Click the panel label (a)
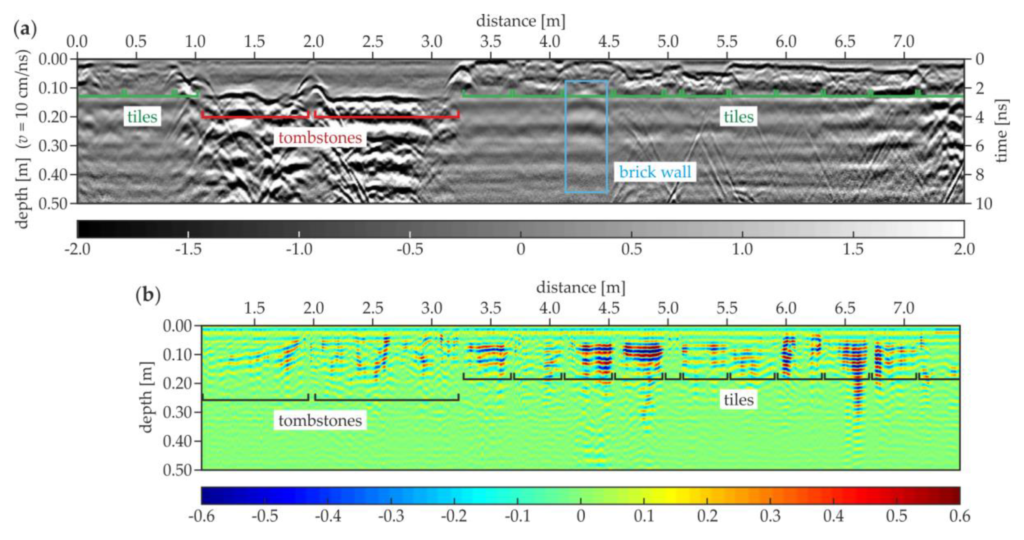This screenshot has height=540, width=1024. [x=25, y=29]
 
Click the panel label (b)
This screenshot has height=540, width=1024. [x=148, y=295]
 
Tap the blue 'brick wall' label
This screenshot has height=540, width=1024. [x=655, y=172]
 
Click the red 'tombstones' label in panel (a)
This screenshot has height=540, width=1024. [x=320, y=138]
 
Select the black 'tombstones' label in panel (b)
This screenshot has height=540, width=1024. [x=320, y=420]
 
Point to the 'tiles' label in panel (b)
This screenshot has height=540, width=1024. [x=738, y=400]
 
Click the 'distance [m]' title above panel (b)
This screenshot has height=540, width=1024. [x=580, y=288]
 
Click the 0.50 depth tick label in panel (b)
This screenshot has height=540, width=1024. [x=177, y=470]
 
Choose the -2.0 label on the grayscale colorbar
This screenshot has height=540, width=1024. [x=77, y=249]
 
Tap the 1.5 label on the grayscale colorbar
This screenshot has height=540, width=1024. [x=853, y=249]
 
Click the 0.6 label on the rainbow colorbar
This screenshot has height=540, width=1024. [x=960, y=516]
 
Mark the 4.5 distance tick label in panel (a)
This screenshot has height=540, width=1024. [x=609, y=41]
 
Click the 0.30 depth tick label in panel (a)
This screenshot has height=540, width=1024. [x=53, y=146]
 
